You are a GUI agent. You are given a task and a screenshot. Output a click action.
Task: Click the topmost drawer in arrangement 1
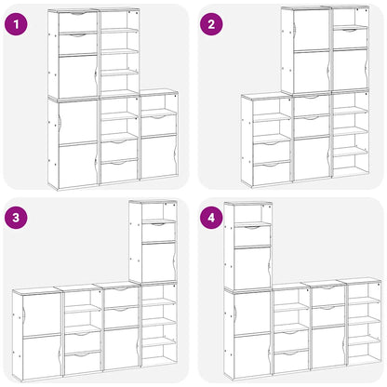click(77, 21)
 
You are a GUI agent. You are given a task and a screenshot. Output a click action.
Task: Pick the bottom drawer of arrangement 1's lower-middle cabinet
click(119, 170)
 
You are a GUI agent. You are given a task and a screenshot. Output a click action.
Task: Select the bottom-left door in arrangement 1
click(77, 164)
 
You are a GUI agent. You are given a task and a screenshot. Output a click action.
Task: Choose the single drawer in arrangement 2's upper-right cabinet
click(350, 37)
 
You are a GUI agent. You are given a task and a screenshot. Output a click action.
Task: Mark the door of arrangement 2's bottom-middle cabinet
click(312, 156)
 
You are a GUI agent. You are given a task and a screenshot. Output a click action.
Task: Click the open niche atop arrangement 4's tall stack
click(248, 214)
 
